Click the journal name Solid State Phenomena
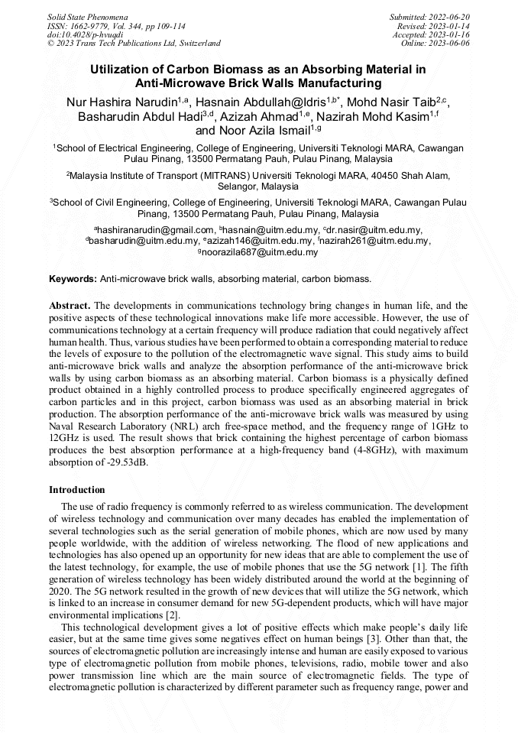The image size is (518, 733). coord(87,16)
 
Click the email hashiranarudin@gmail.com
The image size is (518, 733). coord(155,229)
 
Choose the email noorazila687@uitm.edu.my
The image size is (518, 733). coord(261,252)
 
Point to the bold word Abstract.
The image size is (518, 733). coord(70,304)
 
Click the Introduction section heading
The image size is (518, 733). coord(77,489)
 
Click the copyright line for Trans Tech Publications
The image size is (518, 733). coord(134,44)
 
